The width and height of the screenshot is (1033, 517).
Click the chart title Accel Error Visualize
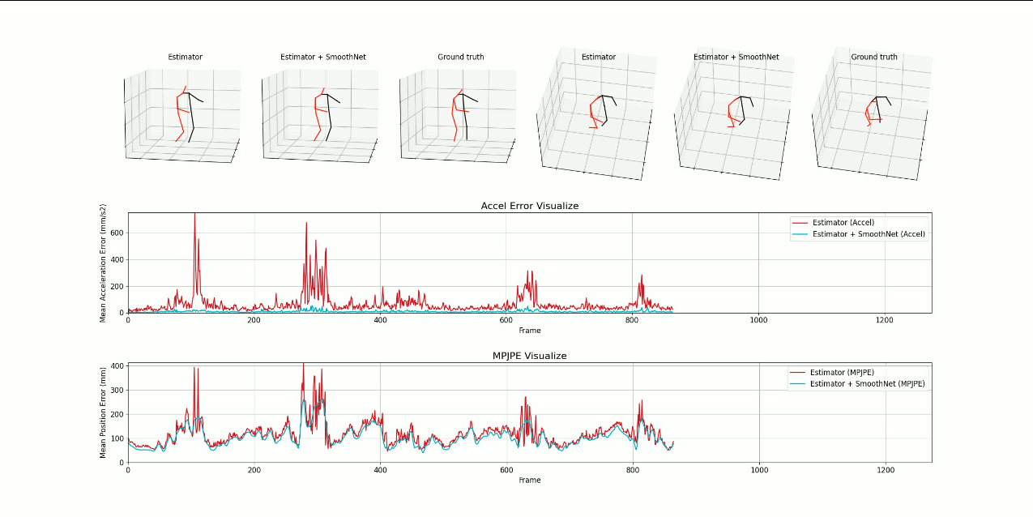pyautogui.click(x=529, y=206)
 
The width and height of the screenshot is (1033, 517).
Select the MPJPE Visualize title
pyautogui.click(x=529, y=356)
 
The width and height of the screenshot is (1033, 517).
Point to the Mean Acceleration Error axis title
pyautogui.click(x=104, y=263)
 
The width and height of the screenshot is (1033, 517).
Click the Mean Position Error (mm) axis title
pyautogui.click(x=104, y=412)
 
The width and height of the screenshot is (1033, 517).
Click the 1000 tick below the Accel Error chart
pyautogui.click(x=758, y=321)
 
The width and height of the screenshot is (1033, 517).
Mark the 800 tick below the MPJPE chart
pyautogui.click(x=632, y=471)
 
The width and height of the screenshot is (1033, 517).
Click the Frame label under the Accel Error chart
pyautogui.click(x=529, y=331)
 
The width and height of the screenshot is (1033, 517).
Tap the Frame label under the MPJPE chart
pyautogui.click(x=529, y=480)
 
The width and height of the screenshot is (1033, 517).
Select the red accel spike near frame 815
pyautogui.click(x=642, y=278)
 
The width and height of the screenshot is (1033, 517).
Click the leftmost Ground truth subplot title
pyautogui.click(x=460, y=57)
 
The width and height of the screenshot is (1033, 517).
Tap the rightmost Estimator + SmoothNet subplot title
pyautogui.click(x=736, y=57)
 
